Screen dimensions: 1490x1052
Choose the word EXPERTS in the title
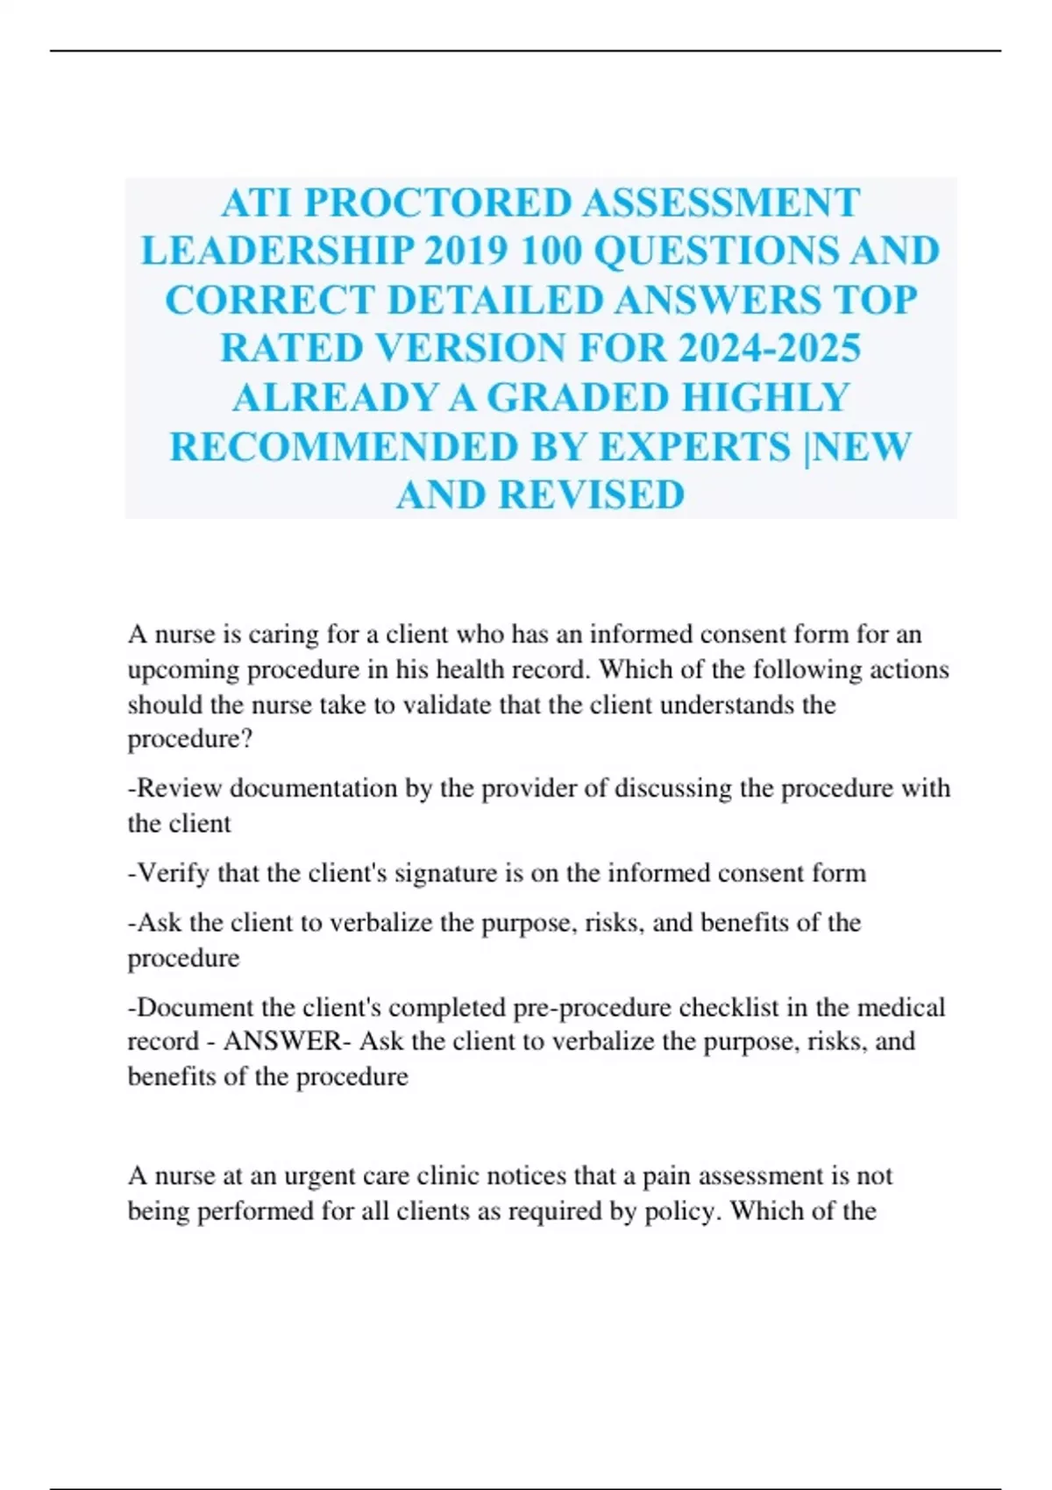click(694, 447)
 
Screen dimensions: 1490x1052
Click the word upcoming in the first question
click(184, 670)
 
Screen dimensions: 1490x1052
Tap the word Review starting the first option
click(180, 788)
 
